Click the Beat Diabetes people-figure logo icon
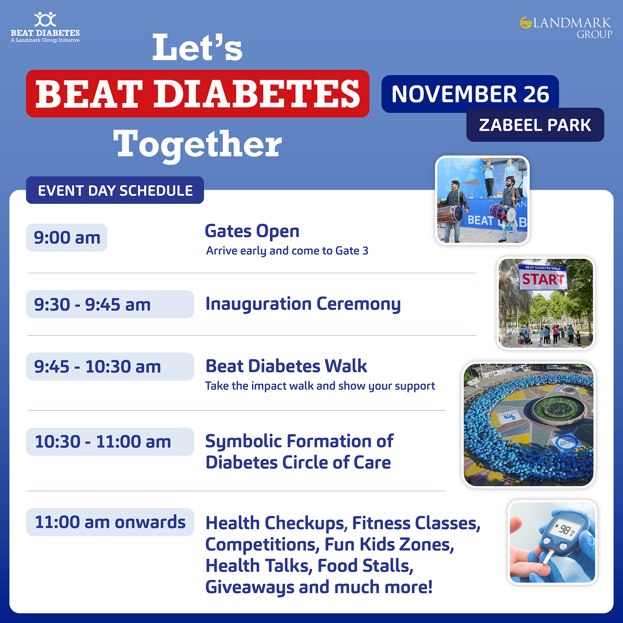pyautogui.click(x=45, y=19)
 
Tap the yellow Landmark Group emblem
pyautogui.click(x=526, y=22)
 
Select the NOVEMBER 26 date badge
pyautogui.click(x=470, y=94)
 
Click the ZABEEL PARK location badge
pyautogui.click(x=535, y=125)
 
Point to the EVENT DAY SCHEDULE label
pyautogui.click(x=115, y=190)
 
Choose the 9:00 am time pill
pyautogui.click(x=67, y=238)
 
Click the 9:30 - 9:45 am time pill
pyautogui.click(x=110, y=304)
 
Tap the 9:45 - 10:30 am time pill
pyautogui.click(x=110, y=366)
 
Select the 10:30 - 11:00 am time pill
pyautogui.click(x=110, y=441)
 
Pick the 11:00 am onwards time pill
pyautogui.click(x=110, y=522)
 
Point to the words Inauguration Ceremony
pyautogui.click(x=303, y=304)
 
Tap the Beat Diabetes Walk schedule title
pyautogui.click(x=286, y=366)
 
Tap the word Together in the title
pyautogui.click(x=197, y=145)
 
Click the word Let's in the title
pyautogui.click(x=197, y=47)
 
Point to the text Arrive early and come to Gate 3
pyautogui.click(x=287, y=251)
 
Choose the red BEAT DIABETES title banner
pyautogui.click(x=198, y=93)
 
